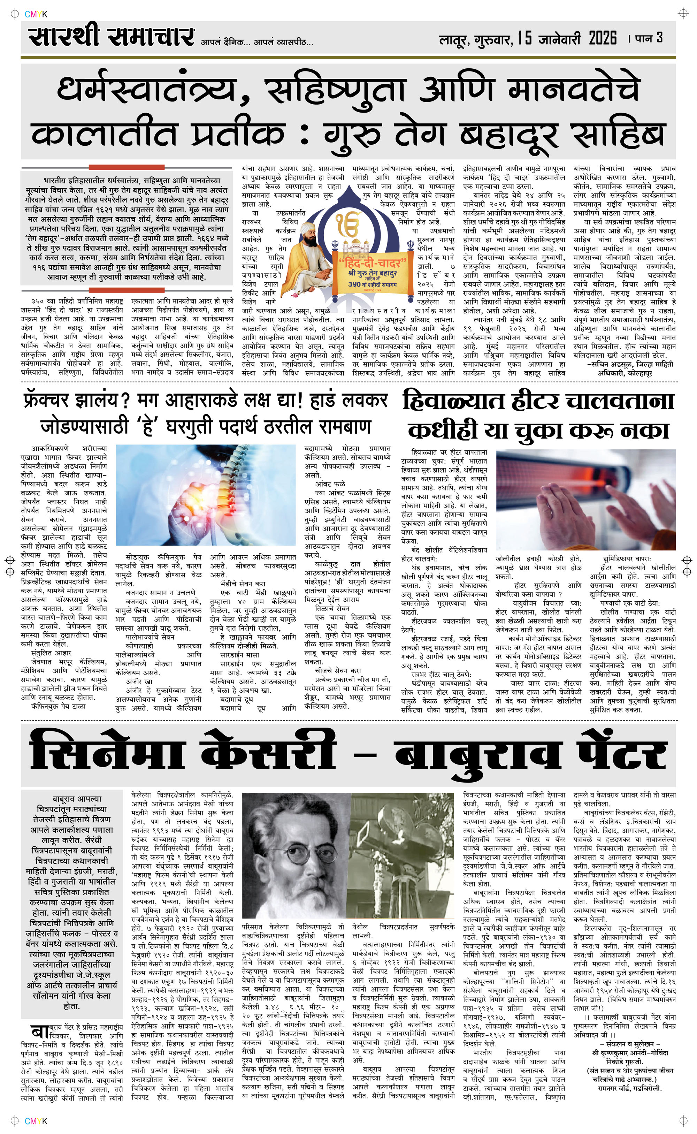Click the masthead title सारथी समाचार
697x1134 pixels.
tap(110, 37)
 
